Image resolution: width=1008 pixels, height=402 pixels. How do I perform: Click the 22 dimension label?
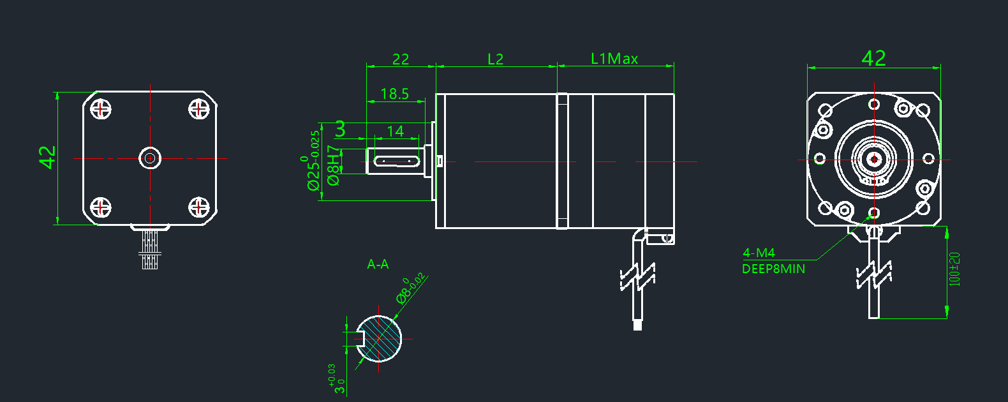[x=401, y=59]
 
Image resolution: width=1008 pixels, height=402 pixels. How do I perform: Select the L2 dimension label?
[x=495, y=59]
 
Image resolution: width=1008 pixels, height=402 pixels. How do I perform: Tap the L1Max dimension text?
[x=614, y=59]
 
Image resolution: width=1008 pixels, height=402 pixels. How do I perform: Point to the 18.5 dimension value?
[x=394, y=94]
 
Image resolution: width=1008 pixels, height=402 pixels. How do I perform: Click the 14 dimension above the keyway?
[x=396, y=131]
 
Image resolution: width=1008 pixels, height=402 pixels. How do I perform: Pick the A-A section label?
[x=378, y=264]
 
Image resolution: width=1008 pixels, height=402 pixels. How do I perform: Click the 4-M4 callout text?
[x=759, y=253]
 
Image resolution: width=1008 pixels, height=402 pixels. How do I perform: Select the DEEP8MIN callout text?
[x=773, y=269]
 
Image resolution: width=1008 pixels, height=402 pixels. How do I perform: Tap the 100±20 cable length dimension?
[x=954, y=269]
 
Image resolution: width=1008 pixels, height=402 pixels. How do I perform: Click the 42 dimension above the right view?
[x=873, y=58]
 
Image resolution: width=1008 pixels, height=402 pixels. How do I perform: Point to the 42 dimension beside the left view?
[x=48, y=157]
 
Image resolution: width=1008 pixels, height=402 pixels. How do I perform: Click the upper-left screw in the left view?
[x=101, y=109]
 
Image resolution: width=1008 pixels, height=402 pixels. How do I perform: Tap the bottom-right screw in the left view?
[x=199, y=207]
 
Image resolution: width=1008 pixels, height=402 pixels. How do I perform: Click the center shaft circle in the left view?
[x=150, y=158]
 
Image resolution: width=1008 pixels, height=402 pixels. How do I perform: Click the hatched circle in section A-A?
[x=381, y=339]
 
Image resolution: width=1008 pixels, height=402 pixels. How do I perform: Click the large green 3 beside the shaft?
[x=340, y=129]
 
